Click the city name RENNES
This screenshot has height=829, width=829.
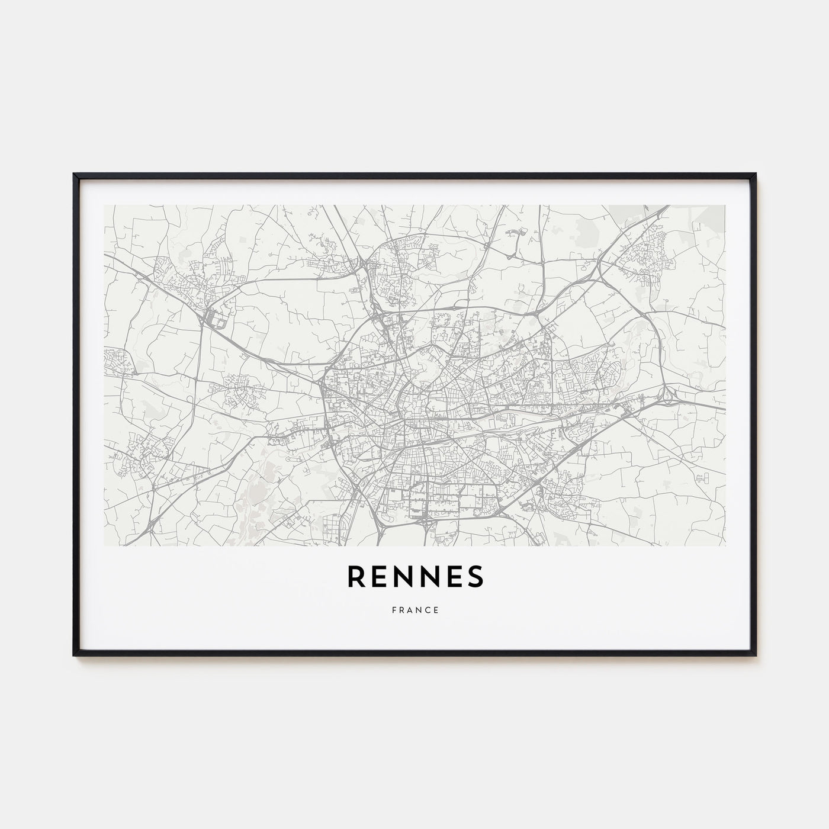tap(415, 577)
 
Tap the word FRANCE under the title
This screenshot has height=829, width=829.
tap(415, 610)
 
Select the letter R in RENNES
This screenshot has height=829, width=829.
tap(357, 577)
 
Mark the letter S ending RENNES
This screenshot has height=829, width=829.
tap(475, 577)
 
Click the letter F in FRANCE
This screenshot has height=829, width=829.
tap(393, 610)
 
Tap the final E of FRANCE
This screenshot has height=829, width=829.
tap(436, 610)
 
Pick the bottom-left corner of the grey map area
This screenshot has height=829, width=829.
tap(105, 545)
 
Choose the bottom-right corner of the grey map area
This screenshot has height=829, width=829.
tap(725, 545)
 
